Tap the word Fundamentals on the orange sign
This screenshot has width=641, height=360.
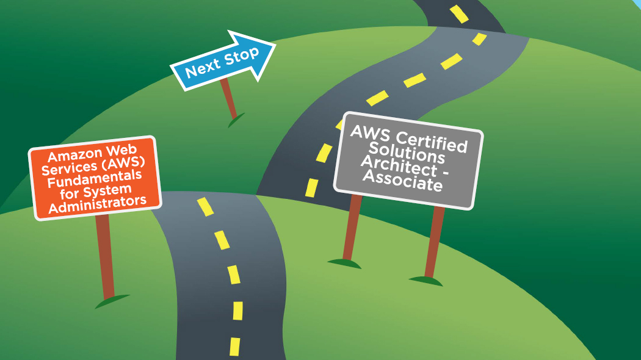(x=95, y=180)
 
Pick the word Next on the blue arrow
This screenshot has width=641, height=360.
(x=202, y=68)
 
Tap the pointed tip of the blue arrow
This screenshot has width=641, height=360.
(x=275, y=46)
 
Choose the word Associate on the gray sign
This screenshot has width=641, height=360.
(x=402, y=181)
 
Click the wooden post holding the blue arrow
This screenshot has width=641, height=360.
(x=229, y=98)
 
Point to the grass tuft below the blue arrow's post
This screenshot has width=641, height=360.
(x=236, y=120)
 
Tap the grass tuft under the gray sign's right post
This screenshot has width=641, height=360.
(x=426, y=281)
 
